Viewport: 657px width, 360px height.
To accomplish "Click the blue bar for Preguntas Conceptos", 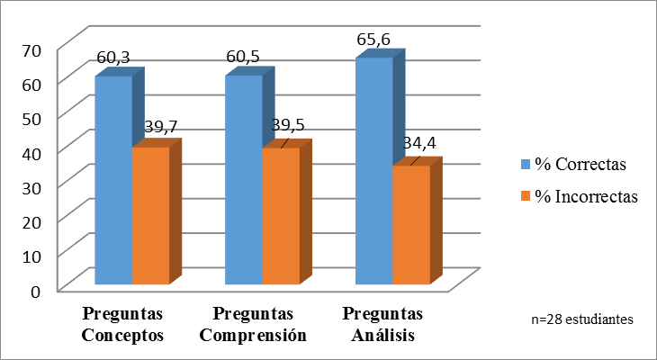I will pyautogui.click(x=114, y=180).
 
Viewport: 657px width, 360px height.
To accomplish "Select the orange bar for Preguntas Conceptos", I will pyautogui.click(x=150, y=216).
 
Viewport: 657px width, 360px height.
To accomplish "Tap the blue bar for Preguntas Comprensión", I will pyautogui.click(x=244, y=180).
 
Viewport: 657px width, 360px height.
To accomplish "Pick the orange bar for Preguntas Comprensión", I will pyautogui.click(x=280, y=217).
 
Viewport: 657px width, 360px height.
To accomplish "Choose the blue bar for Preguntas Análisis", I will pyautogui.click(x=373, y=171).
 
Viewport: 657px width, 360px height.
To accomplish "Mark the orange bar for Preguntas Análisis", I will pyautogui.click(x=410, y=225).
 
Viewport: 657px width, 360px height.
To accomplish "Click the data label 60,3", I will pyautogui.click(x=113, y=58).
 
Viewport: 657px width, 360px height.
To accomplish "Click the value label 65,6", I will pyautogui.click(x=373, y=40).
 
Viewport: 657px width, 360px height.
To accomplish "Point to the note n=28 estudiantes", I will pyautogui.click(x=582, y=319).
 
